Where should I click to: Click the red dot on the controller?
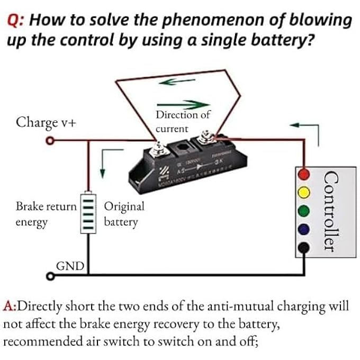[x=303, y=174]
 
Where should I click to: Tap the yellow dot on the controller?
[x=303, y=191]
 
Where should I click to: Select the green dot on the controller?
[x=303, y=210]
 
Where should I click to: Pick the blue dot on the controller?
[x=303, y=229]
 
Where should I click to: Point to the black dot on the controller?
[x=303, y=247]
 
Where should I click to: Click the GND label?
[x=69, y=265]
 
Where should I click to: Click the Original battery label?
[x=124, y=214]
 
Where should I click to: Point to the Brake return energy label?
[x=47, y=214]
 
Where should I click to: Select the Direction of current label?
[x=183, y=121]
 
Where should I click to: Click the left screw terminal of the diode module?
[x=157, y=147]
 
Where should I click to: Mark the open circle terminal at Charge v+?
[x=50, y=141]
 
